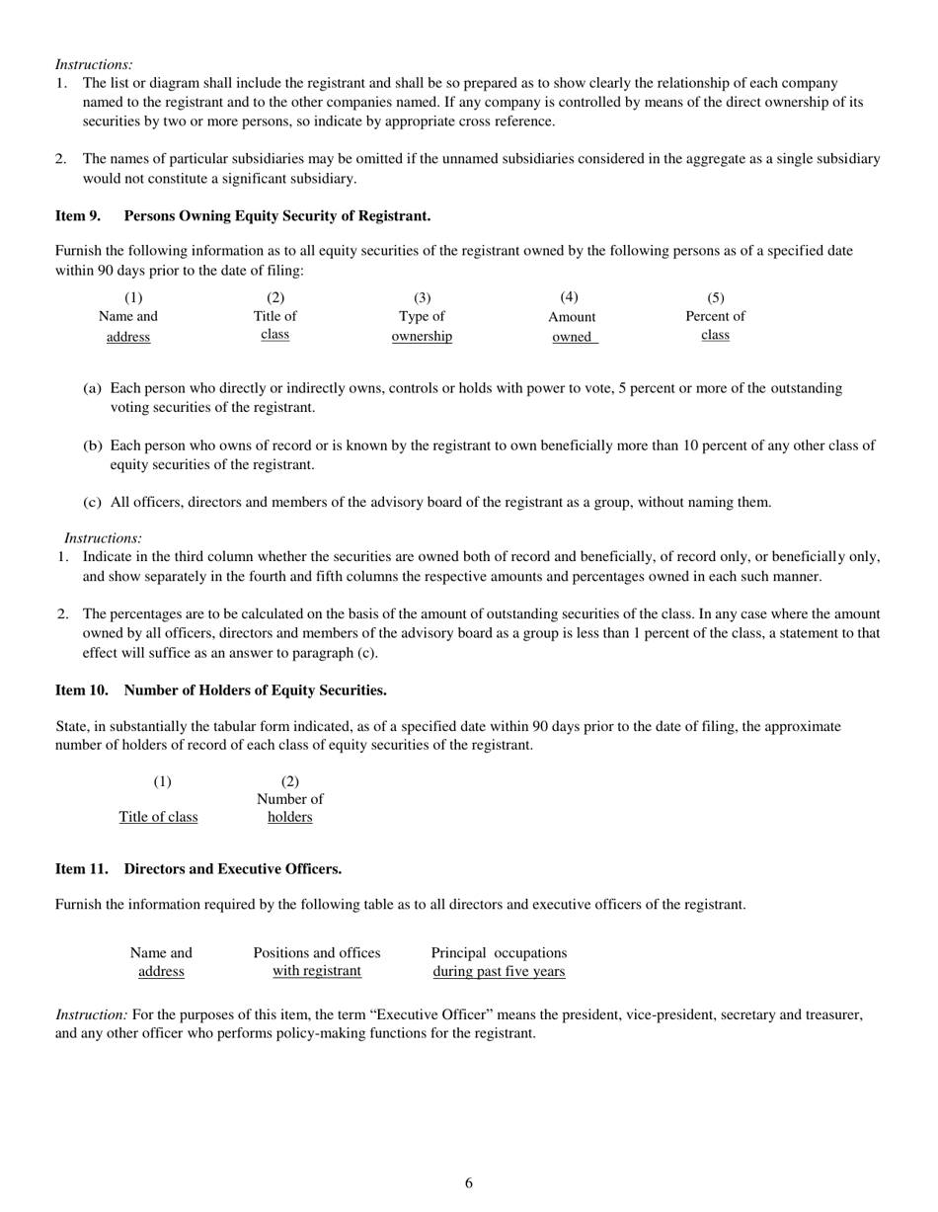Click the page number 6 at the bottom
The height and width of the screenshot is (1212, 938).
[x=468, y=1182]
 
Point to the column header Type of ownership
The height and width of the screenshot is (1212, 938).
[x=422, y=326]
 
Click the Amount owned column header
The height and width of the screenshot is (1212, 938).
[x=572, y=327]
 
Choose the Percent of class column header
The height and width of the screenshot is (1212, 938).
[x=715, y=326]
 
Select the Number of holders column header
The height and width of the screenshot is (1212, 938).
[x=289, y=807]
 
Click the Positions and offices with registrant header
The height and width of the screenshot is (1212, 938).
[x=317, y=961]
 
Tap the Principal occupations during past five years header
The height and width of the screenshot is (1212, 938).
[x=499, y=961]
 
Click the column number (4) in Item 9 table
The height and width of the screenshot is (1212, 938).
[x=569, y=297]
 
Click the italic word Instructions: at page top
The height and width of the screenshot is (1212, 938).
[x=94, y=64]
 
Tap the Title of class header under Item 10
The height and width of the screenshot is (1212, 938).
[x=158, y=817]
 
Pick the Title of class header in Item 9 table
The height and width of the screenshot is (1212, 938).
[x=274, y=326]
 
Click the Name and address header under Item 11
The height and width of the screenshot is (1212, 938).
[x=161, y=961]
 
